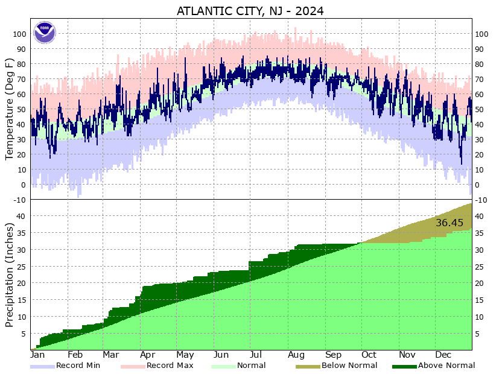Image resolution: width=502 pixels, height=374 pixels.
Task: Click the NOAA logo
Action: (45, 32)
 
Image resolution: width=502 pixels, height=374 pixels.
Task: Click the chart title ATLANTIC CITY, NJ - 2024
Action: (250, 11)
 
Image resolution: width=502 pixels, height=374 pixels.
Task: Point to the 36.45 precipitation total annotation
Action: (450, 223)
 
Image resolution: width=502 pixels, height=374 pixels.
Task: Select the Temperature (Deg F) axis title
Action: (10, 109)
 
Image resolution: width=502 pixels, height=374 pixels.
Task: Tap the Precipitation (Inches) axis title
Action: (10, 274)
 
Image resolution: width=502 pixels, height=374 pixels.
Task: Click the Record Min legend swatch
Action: (42, 366)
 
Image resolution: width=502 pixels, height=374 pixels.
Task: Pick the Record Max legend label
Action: (166, 365)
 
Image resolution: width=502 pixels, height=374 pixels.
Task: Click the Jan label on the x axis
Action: (37, 355)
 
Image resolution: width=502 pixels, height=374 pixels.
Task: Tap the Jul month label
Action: (255, 355)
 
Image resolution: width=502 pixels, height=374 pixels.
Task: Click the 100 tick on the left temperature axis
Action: (19, 34)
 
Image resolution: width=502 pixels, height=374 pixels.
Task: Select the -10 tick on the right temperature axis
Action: (480, 200)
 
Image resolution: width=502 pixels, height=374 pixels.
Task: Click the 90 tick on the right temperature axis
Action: (480, 49)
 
